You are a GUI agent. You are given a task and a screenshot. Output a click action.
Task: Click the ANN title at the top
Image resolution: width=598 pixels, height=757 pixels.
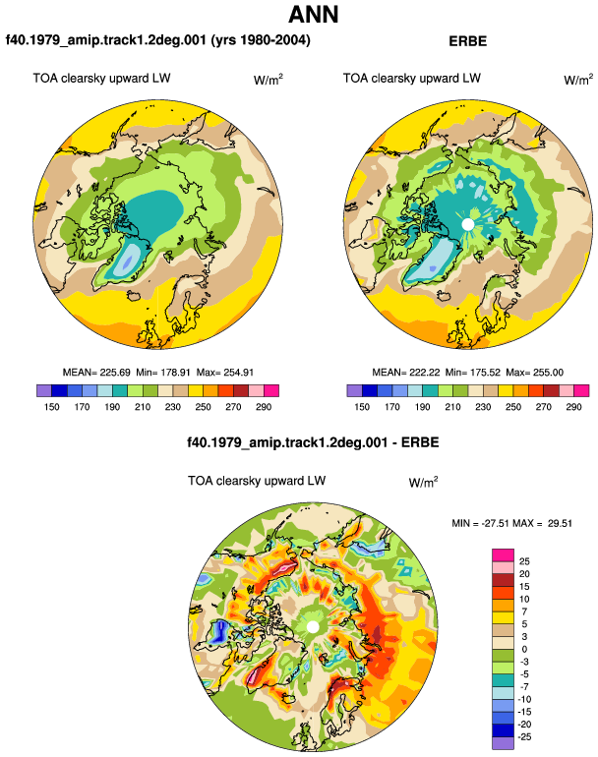313,14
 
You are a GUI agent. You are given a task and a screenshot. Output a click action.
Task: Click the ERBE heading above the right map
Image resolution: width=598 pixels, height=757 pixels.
467,41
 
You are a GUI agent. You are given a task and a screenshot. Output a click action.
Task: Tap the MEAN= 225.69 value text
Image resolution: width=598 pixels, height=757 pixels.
96,373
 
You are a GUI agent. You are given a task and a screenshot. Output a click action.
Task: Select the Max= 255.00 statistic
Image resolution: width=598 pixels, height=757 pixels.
535,373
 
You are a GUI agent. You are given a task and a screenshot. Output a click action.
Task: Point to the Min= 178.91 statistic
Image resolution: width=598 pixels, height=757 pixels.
163,373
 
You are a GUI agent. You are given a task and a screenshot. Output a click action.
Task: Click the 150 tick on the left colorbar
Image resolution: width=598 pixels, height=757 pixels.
52,407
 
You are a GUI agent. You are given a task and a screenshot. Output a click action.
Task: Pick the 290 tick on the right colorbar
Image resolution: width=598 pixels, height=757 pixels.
573,407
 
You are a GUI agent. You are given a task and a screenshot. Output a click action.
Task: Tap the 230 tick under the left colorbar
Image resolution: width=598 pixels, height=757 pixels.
173,407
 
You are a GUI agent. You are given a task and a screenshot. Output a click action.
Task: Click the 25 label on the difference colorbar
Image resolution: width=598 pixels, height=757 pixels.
524,561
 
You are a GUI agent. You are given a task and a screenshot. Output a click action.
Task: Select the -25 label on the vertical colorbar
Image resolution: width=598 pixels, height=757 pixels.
524,737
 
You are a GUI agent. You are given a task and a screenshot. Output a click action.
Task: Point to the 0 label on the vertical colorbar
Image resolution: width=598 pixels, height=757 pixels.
524,649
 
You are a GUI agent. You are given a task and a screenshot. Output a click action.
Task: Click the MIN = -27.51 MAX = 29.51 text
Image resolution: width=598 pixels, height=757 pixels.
512,523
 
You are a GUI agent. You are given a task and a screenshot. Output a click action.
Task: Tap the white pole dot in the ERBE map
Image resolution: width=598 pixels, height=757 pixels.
467,224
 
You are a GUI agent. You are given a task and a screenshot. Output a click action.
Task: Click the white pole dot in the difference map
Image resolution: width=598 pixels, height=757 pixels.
313,626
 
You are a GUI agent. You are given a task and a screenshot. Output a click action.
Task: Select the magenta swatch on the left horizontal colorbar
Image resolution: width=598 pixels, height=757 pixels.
271,390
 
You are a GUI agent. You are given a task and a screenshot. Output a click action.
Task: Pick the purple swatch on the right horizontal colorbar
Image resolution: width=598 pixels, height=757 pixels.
354,390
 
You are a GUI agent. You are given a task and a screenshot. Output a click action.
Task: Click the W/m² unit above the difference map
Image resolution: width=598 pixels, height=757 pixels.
423,482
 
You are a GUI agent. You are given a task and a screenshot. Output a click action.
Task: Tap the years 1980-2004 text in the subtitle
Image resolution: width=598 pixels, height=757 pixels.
261,40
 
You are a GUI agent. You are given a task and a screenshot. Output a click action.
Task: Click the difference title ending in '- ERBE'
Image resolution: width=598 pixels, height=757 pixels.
313,442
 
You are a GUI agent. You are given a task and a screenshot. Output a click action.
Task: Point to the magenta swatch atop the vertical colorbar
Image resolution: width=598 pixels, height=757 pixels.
503,555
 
